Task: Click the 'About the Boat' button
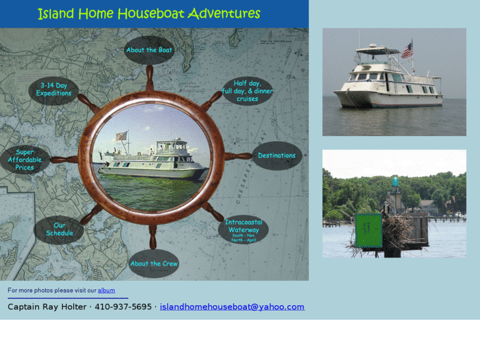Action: (x=149, y=50)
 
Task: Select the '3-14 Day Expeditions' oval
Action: (x=53, y=90)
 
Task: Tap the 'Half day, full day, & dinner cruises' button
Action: (x=247, y=91)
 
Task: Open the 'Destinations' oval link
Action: (x=277, y=156)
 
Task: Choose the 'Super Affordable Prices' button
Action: (x=24, y=160)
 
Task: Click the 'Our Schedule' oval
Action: (x=59, y=229)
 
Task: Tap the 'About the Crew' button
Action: (x=154, y=264)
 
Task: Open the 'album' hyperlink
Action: (x=106, y=290)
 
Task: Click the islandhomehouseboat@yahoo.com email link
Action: (x=232, y=306)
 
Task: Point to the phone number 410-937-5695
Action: (x=123, y=306)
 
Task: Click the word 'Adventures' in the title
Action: (x=223, y=14)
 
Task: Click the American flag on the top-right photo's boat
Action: (x=407, y=50)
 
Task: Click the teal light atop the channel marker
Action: (x=395, y=181)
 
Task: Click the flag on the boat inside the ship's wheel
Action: (x=121, y=136)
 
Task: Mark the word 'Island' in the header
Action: (x=56, y=14)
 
